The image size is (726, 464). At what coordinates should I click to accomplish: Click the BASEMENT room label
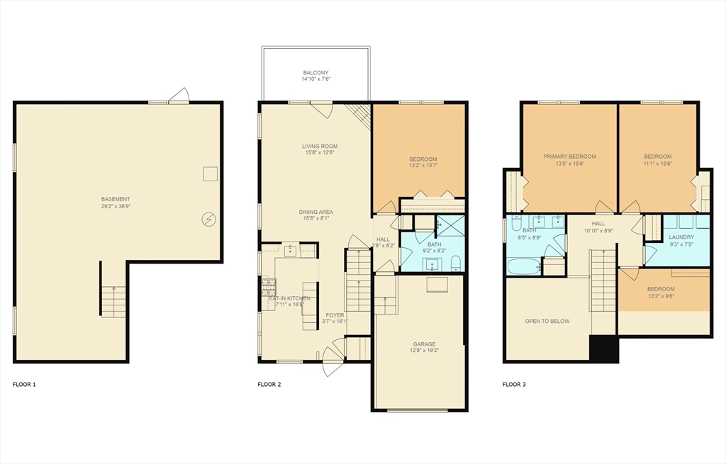point(116,199)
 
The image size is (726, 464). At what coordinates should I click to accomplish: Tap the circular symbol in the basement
point(209,220)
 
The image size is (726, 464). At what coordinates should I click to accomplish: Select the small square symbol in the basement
point(210,174)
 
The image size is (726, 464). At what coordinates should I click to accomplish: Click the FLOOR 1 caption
point(24,385)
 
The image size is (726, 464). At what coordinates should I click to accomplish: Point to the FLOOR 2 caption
point(269,385)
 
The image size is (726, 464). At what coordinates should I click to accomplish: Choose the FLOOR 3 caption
point(514,385)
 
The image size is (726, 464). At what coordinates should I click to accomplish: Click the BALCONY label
point(315,73)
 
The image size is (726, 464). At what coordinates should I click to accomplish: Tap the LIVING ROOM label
point(319,147)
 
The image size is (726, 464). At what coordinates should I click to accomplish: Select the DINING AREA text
point(316,212)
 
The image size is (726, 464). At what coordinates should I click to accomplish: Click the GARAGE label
point(424,344)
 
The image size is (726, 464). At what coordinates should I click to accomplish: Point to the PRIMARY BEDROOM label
point(569,157)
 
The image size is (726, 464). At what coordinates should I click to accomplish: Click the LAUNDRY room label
point(681,237)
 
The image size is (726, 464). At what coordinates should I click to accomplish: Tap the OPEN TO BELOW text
point(547,321)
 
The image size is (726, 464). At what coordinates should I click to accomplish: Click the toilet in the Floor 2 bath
point(456,264)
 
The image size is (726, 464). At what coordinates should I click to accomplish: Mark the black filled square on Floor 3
point(604,348)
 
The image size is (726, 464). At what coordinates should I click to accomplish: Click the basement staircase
point(113,301)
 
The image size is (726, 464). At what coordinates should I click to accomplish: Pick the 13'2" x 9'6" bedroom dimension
point(660,298)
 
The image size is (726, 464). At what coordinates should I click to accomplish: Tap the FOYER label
point(335,315)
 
